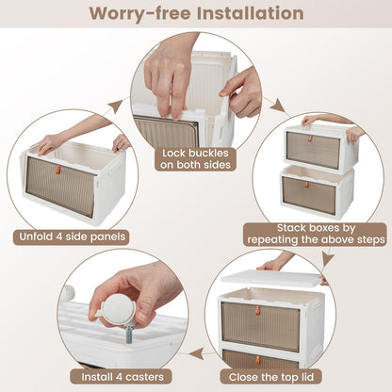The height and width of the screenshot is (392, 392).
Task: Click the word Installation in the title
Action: [x=250, y=13]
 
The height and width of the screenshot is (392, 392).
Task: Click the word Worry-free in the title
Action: [x=140, y=14]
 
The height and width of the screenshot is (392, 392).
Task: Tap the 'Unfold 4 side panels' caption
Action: [x=72, y=237]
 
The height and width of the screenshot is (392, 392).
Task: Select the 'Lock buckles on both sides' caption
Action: [x=195, y=159]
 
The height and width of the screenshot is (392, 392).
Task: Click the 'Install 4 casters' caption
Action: [x=122, y=377]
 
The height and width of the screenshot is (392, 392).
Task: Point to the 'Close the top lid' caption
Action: [x=270, y=377]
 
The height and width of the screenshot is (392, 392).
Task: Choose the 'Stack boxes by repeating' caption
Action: [x=316, y=234]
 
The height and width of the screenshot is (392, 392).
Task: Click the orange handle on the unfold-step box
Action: [x=57, y=169]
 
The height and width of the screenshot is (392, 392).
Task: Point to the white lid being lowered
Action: [x=271, y=277]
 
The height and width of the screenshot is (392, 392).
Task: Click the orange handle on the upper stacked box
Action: [x=310, y=138]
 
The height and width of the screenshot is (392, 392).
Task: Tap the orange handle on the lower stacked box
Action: [x=307, y=185]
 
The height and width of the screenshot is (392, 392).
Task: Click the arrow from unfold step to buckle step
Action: [x=114, y=106]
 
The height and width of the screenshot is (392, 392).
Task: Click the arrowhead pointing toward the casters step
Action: [x=196, y=354]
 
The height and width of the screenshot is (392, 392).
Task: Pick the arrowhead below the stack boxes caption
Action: [x=328, y=259]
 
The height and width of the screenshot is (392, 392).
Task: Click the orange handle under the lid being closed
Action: [x=257, y=310]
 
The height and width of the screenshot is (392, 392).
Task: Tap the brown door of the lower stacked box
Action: [x=308, y=195]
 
